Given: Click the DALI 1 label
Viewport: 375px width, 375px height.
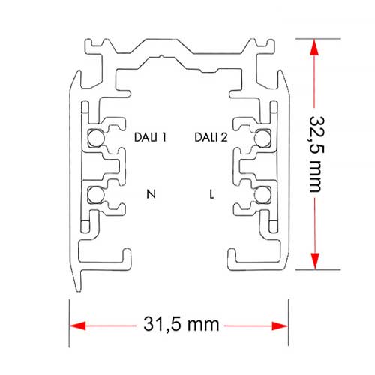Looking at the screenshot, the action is [150, 137].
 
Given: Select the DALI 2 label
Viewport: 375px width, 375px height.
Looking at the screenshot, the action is [211, 137].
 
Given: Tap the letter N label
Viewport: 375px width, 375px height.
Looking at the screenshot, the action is [151, 194].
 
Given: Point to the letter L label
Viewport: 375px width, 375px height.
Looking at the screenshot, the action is [211, 194].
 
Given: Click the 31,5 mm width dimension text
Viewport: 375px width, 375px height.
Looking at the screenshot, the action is [181, 324].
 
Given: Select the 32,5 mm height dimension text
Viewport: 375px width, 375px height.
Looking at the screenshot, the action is [316, 154].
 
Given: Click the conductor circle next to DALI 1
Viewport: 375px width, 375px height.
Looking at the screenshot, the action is [96, 138].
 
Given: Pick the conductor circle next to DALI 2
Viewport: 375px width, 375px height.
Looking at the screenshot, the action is [262, 138].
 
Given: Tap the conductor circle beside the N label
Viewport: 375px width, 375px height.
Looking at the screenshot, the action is [96, 195].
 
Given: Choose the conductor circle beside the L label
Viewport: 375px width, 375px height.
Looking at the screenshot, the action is [262, 195].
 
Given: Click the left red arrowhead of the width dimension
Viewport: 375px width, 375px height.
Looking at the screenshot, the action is [78, 325].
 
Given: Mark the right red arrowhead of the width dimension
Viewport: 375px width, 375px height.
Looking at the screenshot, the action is [280, 325].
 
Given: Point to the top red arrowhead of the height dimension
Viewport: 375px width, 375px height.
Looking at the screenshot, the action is [314, 47].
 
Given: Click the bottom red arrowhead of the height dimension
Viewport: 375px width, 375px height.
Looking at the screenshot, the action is [315, 261].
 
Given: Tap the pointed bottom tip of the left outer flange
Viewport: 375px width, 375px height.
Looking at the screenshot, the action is [78, 291].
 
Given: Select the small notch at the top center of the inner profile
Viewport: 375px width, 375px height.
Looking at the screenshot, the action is [162, 56].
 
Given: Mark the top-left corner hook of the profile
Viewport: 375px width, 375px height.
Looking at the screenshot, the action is [88, 46].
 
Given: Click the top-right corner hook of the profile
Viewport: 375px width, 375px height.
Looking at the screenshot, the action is [271, 46].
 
